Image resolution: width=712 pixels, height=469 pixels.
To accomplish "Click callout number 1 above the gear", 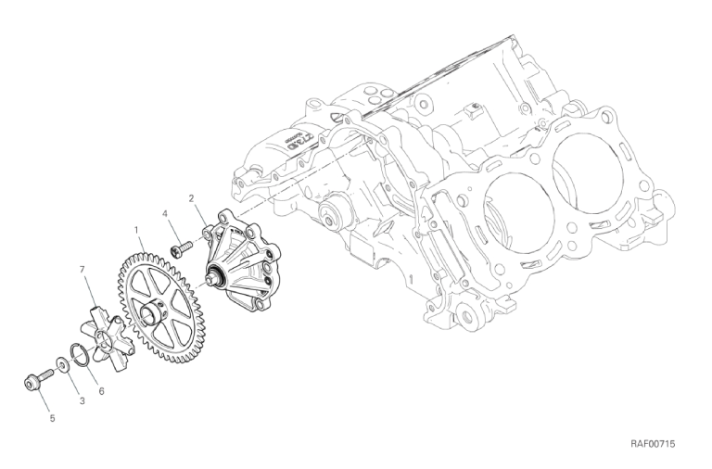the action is (135, 230).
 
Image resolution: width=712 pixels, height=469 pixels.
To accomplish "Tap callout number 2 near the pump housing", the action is (192, 198).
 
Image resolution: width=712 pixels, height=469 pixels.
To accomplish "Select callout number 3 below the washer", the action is (82, 401).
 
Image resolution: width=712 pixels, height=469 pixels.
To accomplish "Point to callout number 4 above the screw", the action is (165, 213).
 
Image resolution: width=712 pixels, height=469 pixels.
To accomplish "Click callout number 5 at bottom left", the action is (52, 419).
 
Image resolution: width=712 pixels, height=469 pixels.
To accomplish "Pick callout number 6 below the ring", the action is (101, 390).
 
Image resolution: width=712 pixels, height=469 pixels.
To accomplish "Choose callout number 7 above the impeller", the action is (83, 269).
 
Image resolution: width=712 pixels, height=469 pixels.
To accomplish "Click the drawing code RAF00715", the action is (652, 444).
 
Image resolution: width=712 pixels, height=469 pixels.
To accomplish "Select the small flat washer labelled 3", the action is (62, 364).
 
